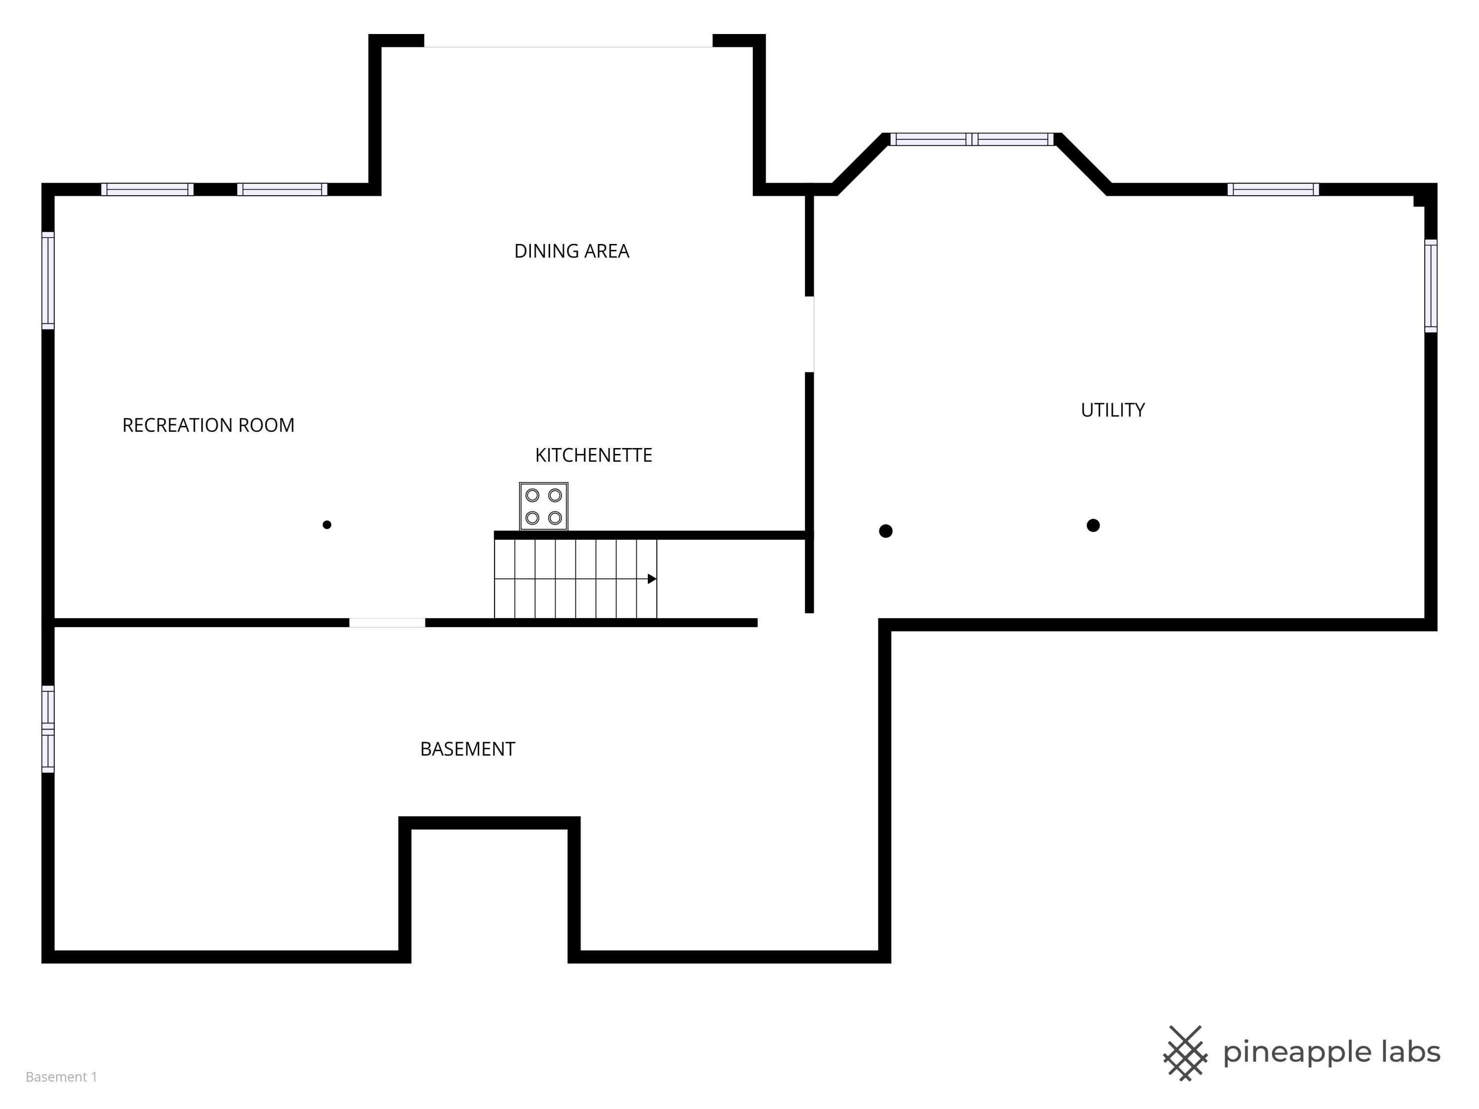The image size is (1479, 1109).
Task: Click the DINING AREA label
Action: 572,251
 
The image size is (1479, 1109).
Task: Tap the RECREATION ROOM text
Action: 208,425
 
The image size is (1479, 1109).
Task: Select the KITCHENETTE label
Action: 593,455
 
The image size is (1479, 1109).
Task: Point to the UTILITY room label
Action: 1113,410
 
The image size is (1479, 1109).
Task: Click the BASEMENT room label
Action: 467,749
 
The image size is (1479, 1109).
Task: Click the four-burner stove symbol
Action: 544,506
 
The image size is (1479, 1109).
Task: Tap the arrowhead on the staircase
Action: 652,579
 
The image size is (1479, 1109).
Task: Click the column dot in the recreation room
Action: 327,525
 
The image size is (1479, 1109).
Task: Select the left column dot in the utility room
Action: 886,531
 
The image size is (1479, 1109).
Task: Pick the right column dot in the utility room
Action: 1093,525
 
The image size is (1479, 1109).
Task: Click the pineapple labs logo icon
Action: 1186,1053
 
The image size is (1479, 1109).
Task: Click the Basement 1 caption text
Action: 62,1077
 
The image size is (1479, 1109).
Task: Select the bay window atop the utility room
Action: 972,139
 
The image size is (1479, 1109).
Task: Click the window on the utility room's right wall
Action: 1431,285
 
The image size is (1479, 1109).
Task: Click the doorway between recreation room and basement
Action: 387,623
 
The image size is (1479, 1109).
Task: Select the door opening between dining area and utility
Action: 809,334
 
